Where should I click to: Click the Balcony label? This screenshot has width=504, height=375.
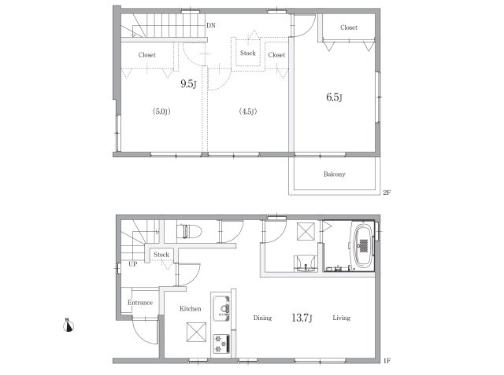[334, 175]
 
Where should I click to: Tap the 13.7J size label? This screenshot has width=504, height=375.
[302, 318]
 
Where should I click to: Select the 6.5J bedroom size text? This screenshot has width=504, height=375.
[334, 97]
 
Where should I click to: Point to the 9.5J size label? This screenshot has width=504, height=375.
[188, 84]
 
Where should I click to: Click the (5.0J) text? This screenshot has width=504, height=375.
[161, 112]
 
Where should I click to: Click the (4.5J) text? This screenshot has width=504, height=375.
[248, 112]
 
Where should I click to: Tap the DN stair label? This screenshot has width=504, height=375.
[211, 25]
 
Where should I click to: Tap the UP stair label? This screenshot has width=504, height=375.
[133, 264]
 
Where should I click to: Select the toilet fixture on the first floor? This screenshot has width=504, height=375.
[189, 231]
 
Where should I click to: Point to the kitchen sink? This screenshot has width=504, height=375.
[221, 307]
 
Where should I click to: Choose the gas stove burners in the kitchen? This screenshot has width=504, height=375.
[221, 344]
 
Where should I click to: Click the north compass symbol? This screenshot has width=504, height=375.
[69, 325]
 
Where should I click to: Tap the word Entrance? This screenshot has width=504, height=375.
[140, 303]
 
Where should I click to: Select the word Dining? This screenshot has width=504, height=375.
[262, 318]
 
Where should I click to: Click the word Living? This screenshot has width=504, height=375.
[341, 318]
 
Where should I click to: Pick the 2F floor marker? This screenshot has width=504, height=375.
[387, 193]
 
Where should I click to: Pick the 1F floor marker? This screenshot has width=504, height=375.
[387, 361]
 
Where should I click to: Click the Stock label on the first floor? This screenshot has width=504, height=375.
[161, 255]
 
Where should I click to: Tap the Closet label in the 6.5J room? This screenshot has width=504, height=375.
[349, 28]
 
